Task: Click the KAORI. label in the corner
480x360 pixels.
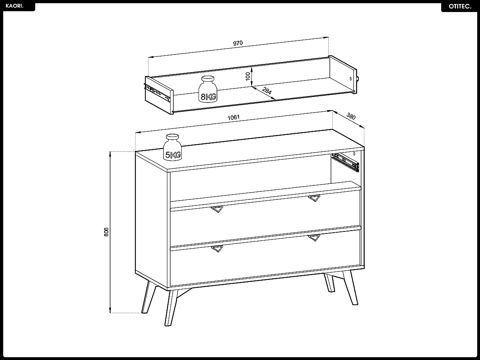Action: (x=15, y=6)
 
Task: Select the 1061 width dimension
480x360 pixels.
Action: (x=233, y=117)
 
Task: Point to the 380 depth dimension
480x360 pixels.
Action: (x=351, y=117)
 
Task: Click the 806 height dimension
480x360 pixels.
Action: (x=106, y=232)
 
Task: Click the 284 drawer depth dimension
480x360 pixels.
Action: (x=267, y=91)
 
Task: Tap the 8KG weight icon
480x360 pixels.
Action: (x=208, y=90)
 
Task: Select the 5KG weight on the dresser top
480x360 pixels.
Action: (x=173, y=148)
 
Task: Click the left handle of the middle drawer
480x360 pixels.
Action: (x=217, y=209)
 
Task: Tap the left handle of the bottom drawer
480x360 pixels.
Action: (x=217, y=249)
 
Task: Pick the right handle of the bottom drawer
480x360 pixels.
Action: (x=314, y=237)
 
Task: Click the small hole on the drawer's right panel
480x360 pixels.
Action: (x=351, y=78)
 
